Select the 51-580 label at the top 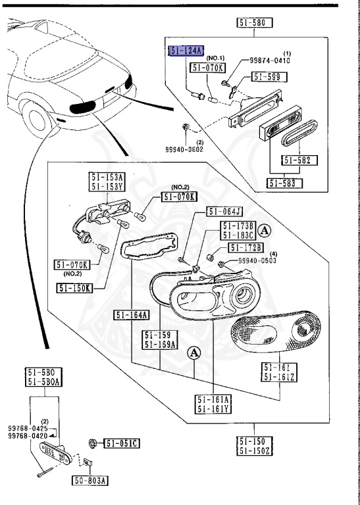tap(255, 23)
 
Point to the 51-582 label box tap(299, 160)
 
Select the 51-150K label tap(74, 287)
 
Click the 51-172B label tap(245, 247)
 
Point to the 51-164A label tap(132, 314)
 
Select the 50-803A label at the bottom tap(90, 480)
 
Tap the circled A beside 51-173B tap(265, 230)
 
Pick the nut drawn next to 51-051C tap(93, 443)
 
